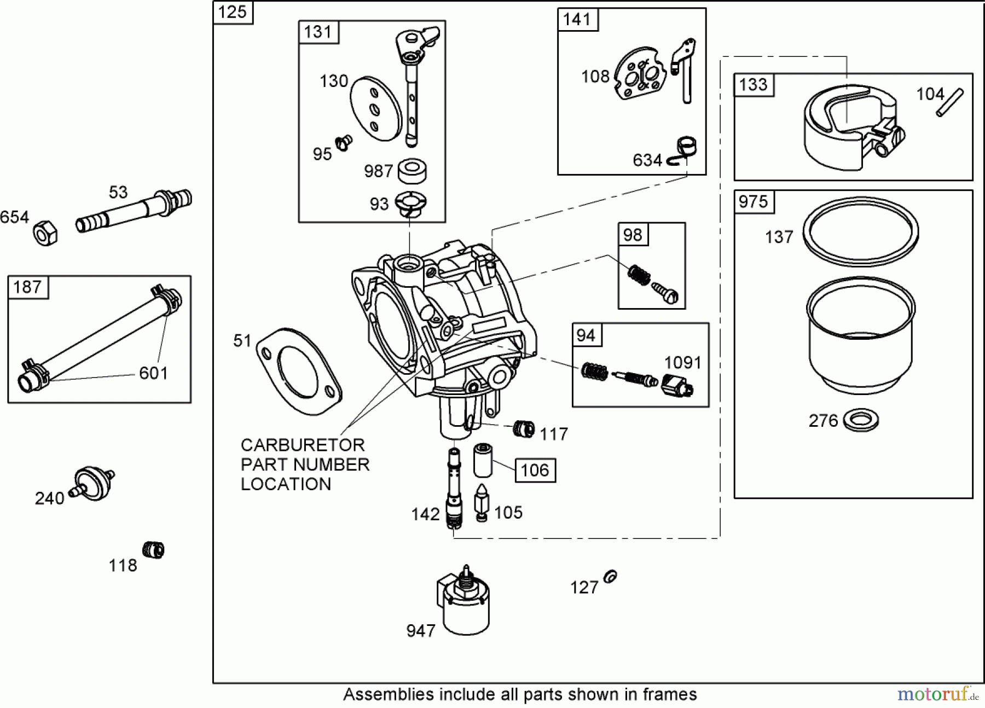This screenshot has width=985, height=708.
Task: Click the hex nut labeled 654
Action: tap(45, 233)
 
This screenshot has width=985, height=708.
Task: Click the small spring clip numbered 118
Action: tap(153, 549)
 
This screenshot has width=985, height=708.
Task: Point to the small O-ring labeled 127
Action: tap(611, 576)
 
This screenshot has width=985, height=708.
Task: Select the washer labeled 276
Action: tap(861, 420)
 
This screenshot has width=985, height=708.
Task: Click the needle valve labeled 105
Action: tap(482, 502)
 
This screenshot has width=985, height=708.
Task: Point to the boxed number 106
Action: tap(535, 470)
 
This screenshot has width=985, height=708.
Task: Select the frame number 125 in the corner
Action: tap(233, 12)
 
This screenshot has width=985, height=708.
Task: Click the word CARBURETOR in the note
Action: tap(302, 445)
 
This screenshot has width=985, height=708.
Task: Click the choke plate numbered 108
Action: tap(641, 76)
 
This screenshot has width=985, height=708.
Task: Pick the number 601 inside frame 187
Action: tap(153, 373)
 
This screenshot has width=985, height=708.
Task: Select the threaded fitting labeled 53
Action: tap(134, 211)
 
